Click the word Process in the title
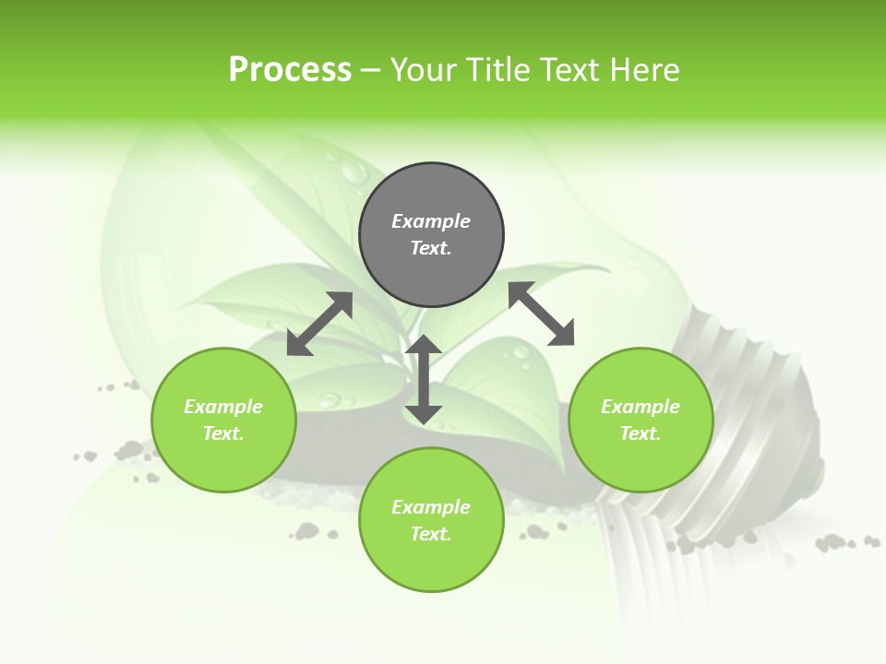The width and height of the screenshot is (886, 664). click(x=290, y=70)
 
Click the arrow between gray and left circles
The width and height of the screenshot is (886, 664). click(x=319, y=324)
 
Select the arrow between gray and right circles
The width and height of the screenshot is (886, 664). click(x=541, y=314)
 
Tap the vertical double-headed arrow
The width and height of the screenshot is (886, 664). click(x=424, y=379)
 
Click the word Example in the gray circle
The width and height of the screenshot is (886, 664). click(x=431, y=221)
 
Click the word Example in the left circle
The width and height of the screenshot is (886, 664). click(x=223, y=407)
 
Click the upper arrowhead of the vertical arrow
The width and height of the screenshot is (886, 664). click(x=424, y=345)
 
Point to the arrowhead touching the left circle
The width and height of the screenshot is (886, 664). click(x=298, y=345)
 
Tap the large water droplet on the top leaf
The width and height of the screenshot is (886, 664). click(x=353, y=171)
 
